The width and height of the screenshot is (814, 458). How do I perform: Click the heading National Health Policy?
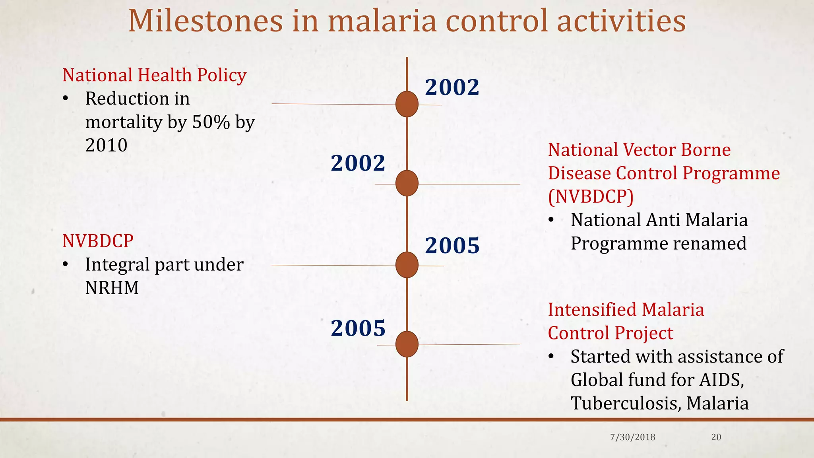point(154,75)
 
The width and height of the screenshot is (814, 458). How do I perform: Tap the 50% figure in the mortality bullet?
point(211,122)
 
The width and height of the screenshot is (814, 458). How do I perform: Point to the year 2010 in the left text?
point(106,145)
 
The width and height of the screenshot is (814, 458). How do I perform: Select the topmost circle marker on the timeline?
point(407,104)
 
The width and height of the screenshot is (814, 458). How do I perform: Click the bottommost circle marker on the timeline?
point(407,344)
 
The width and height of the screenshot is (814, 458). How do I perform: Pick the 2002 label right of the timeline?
point(452,87)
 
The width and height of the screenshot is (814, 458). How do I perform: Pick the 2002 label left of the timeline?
point(358,163)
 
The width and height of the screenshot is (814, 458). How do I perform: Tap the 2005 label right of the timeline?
point(452,245)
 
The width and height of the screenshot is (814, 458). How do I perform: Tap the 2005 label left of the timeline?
point(358,328)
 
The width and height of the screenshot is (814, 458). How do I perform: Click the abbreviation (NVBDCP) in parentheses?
point(591,196)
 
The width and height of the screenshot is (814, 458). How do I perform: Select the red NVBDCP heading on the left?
point(98,241)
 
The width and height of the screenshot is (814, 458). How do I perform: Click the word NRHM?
point(112,288)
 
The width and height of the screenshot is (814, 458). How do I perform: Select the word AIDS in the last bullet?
point(721,380)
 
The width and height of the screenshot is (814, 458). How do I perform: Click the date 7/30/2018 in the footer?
point(632,437)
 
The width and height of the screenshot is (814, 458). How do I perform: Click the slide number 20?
point(716,437)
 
